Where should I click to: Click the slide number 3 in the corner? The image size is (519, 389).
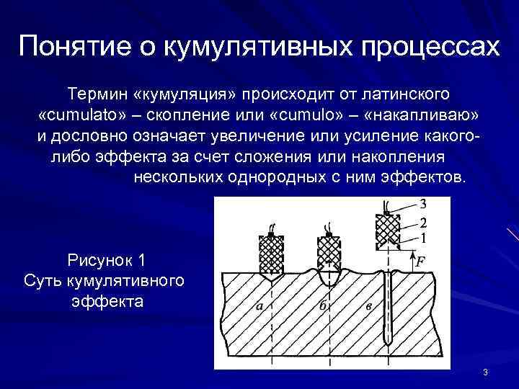pyautogui.click(x=486, y=372)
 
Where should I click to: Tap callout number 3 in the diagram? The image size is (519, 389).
pyautogui.click(x=422, y=204)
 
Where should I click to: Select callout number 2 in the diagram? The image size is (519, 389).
pyautogui.click(x=422, y=222)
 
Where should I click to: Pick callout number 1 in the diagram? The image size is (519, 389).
pyautogui.click(x=422, y=236)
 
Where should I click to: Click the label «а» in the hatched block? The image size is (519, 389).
pyautogui.click(x=259, y=306)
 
